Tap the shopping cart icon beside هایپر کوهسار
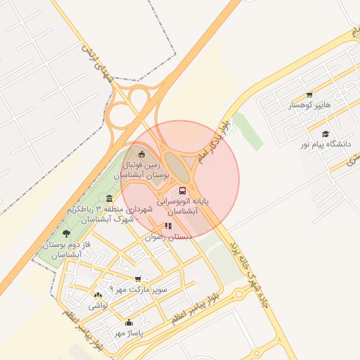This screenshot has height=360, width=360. [x=309, y=94]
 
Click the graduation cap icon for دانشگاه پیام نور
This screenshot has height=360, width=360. [x=325, y=134]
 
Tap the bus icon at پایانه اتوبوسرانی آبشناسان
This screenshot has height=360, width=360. [x=183, y=190]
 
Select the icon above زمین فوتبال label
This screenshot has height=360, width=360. [x=141, y=154]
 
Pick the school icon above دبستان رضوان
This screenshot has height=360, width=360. [x=168, y=226]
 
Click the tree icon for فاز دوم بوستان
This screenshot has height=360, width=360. [x=66, y=233]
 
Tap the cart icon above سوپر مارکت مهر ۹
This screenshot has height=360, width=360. [x=138, y=279]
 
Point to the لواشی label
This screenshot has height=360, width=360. [x=97, y=306]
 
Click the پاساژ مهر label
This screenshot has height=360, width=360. [x=129, y=333]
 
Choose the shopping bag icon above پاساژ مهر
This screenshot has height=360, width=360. [x=129, y=323]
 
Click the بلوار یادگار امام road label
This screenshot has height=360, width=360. [x=212, y=141]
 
